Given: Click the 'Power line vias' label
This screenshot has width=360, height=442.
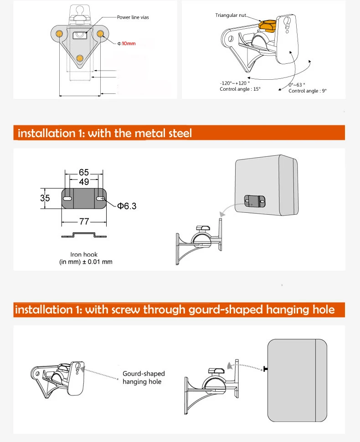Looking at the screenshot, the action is (x=133, y=17).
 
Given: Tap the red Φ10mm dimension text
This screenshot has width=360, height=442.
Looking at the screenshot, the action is (x=127, y=43).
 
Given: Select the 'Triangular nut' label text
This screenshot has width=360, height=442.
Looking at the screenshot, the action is (x=231, y=15).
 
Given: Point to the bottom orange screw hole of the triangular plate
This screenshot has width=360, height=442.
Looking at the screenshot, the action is (x=80, y=59).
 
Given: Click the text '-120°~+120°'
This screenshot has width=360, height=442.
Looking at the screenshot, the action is (x=235, y=83).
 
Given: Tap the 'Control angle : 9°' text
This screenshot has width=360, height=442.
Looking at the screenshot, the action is (x=307, y=91).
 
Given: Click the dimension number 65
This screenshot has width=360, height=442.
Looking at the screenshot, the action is (x=84, y=172).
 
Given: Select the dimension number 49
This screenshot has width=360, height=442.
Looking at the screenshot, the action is (x=84, y=182).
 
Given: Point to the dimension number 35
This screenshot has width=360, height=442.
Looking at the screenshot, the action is (x=45, y=198).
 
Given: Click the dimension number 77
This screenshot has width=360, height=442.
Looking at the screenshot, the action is (x=84, y=221).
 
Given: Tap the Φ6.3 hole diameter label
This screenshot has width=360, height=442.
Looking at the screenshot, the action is (x=127, y=206).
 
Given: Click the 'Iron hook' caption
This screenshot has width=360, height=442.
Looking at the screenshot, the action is (x=84, y=255).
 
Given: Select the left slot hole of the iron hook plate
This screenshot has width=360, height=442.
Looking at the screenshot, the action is (x=67, y=199).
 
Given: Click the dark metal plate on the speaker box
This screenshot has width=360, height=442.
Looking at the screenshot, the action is (x=255, y=201).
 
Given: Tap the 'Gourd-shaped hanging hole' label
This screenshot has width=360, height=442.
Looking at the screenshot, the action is (x=144, y=377).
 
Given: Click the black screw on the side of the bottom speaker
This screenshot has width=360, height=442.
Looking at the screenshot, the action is (x=265, y=369).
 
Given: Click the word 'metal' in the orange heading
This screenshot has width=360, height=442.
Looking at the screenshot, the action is (x=150, y=133).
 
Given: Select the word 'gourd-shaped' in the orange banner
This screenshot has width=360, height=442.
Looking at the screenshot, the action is (x=226, y=310).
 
